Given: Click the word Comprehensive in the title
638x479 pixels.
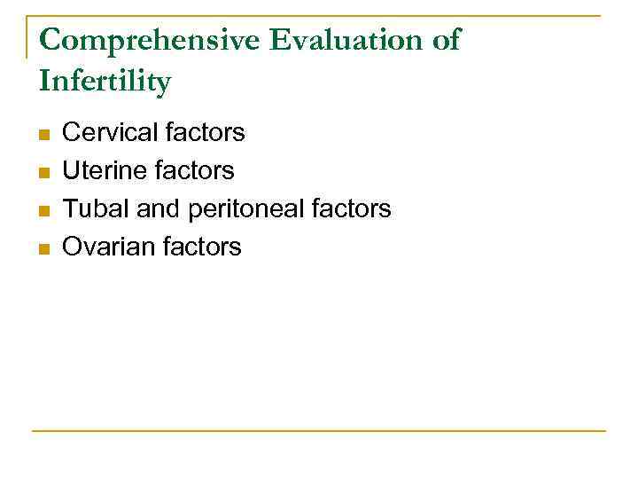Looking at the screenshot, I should [152, 41].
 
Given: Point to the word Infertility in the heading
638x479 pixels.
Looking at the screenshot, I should [105, 82].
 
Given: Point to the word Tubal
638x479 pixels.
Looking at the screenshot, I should [92, 208].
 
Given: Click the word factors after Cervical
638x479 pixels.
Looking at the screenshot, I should [205, 133].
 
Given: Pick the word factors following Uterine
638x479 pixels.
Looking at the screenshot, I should [194, 170].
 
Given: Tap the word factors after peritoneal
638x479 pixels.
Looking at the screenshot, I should [351, 208].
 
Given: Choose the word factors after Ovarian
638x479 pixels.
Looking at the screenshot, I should [200, 247].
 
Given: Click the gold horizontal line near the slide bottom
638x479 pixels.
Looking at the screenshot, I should [319, 431].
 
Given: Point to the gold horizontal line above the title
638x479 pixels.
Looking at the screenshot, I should [319, 16].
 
